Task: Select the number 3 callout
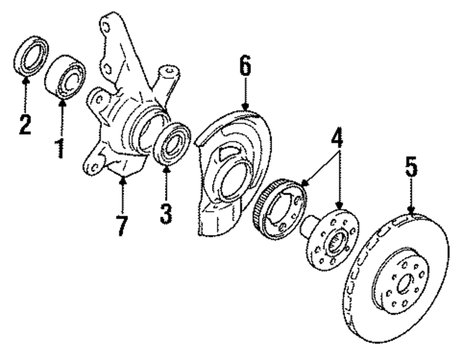pos(166,213)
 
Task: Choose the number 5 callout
pos(411,170)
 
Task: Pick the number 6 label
pos(245,67)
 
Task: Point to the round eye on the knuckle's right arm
pos(169,72)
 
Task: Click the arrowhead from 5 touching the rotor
pos(411,212)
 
